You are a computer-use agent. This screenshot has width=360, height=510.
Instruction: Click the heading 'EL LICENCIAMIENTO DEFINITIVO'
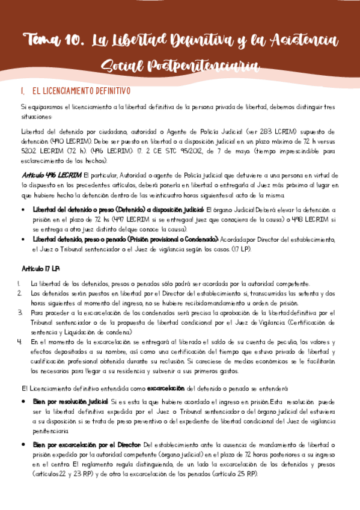tap(81, 91)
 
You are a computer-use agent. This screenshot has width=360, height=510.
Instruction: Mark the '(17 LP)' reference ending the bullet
tap(240, 248)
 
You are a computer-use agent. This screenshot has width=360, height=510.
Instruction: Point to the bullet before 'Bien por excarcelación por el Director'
tap(23, 444)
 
